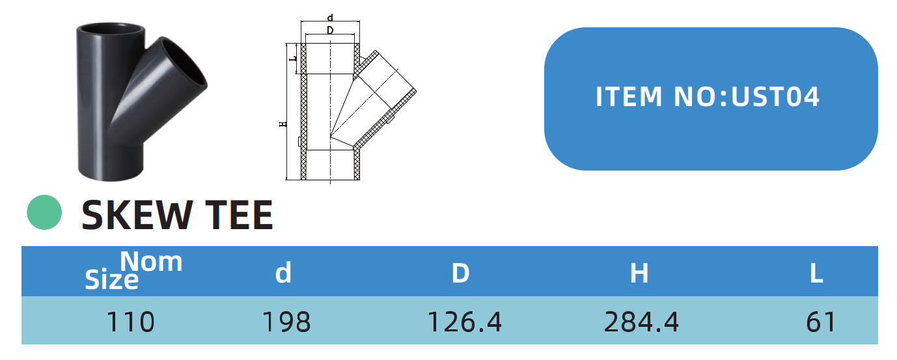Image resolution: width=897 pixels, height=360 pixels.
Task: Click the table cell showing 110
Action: click(130, 322)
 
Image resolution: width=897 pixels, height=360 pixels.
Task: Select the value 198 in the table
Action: click(286, 322)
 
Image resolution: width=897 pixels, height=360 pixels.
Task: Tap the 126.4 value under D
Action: click(464, 322)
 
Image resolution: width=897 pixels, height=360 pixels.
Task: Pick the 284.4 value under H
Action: click(641, 322)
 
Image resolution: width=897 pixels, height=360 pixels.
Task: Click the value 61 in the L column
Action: click(820, 322)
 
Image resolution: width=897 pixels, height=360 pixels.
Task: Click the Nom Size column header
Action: click(133, 271)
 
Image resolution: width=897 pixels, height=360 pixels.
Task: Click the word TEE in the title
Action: click(239, 215)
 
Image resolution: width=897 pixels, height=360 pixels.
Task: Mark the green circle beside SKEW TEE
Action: click(44, 212)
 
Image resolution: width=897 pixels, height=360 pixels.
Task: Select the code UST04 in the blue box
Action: click(775, 97)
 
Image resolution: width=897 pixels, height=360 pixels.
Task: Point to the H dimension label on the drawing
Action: click(283, 123)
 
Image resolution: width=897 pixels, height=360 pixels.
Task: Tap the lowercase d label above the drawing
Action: click(330, 18)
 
